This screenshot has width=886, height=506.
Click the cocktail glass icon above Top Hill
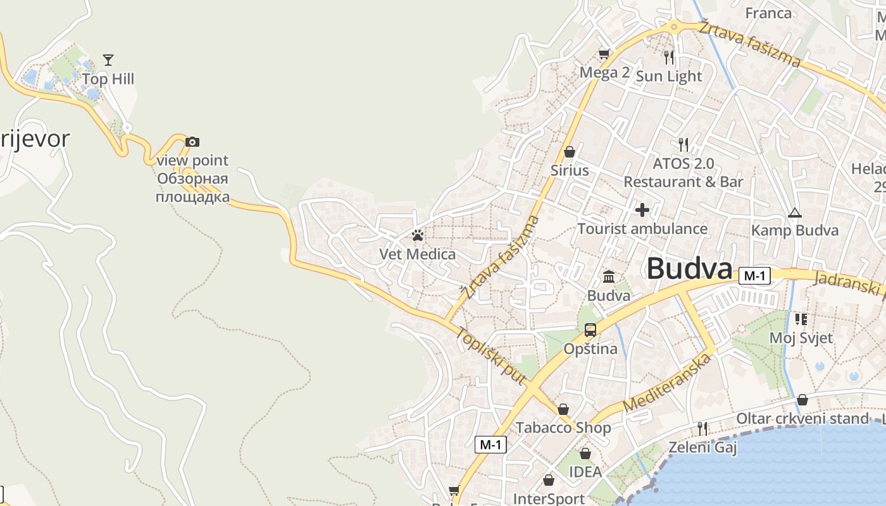108,60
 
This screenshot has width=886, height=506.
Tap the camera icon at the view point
192,142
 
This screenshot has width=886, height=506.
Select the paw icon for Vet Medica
417,235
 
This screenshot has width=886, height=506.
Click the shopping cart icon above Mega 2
604,54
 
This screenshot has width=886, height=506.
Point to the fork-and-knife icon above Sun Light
669,58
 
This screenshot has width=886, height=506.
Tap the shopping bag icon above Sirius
569,152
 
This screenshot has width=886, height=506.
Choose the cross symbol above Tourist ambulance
642,210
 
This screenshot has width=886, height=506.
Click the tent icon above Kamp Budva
794,213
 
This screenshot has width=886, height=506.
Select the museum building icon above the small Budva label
609,276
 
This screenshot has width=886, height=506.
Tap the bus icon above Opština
590,330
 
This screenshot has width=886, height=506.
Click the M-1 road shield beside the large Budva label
754,276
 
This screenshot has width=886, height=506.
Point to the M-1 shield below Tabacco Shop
490,445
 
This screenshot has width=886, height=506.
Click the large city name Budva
689,269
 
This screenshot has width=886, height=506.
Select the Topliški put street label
492,357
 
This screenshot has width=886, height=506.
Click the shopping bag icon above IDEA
585,454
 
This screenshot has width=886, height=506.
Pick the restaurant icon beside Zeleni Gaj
702,428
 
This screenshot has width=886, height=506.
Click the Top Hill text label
108,79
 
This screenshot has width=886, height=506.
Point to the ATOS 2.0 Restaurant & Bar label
683,173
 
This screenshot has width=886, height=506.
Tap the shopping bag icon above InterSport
549,481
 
